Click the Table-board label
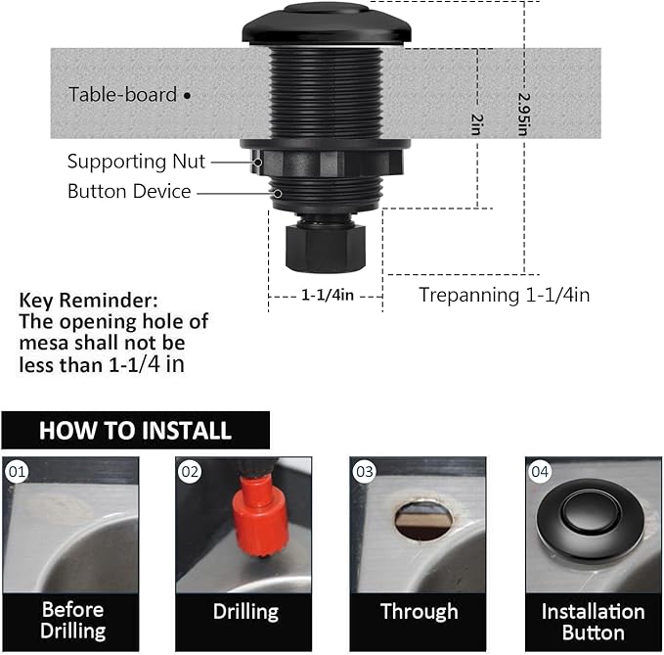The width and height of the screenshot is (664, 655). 122,95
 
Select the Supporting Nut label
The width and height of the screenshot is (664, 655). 138,162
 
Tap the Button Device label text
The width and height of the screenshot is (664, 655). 129,192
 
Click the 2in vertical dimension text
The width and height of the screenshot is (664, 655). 476,123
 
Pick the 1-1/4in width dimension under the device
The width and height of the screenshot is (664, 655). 326,294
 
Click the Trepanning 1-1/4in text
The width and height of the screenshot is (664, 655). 504,294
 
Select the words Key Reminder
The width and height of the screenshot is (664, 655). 88,300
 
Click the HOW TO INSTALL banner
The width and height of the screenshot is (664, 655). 135,430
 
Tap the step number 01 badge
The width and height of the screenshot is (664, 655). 17,472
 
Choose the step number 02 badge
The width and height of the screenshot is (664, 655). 191,472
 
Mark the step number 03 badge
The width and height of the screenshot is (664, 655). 365,472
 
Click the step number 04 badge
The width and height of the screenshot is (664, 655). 540,472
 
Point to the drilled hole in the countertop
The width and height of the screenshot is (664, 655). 422,520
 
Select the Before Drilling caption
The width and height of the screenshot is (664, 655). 72,621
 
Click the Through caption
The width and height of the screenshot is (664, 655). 419,612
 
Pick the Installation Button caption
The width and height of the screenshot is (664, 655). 593,621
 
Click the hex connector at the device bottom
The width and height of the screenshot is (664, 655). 325,246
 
